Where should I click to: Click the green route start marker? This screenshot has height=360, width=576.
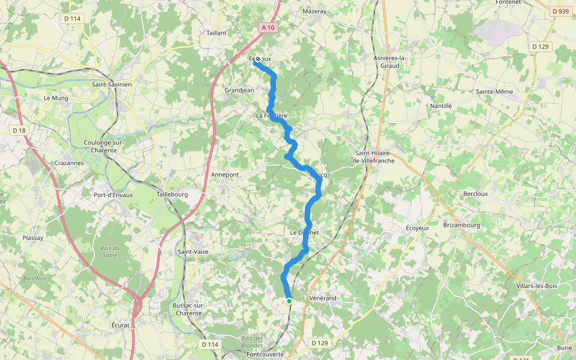289,301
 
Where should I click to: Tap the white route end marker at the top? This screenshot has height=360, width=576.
258,59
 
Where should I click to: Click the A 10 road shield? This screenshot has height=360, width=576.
268,28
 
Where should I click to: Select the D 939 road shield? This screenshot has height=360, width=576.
560,11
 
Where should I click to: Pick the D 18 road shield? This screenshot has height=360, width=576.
19,130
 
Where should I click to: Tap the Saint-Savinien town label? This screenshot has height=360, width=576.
112,85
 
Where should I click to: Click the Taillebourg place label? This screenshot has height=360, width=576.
172,194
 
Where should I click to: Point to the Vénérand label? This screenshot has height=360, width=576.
323,298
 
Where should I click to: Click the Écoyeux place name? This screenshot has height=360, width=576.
418,228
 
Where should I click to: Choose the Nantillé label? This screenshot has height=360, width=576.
440,106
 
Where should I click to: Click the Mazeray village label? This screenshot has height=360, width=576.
314,11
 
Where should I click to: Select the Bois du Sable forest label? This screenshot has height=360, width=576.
110,251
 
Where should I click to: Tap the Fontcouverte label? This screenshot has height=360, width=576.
265,355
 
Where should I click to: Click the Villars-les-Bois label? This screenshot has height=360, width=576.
536,286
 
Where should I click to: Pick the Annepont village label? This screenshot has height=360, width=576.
224,175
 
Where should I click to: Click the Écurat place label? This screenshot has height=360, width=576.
120,325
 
